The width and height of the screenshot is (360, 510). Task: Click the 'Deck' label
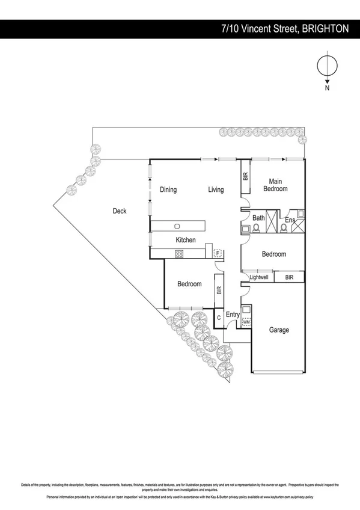119,211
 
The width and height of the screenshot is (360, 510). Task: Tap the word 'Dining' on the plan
168,190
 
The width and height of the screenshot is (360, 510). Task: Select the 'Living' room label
216,190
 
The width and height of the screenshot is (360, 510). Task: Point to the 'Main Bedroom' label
275,185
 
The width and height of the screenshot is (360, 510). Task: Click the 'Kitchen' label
185,240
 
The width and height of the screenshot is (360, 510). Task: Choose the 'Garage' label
279,330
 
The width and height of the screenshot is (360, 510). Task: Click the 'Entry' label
233,315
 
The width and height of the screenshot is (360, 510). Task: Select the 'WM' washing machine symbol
246,323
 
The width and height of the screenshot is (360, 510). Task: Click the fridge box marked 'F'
218,253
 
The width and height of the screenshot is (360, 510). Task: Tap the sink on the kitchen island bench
178,226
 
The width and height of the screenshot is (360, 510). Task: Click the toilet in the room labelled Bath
257,228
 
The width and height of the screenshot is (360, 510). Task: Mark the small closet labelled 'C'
219,317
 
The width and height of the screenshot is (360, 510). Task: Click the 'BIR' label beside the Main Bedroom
245,177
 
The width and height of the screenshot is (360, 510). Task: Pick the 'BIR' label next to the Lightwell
289,277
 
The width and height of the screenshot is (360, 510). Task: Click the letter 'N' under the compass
327,87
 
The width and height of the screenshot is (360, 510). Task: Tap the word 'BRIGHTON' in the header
326,28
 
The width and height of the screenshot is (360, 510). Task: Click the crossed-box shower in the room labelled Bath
272,215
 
